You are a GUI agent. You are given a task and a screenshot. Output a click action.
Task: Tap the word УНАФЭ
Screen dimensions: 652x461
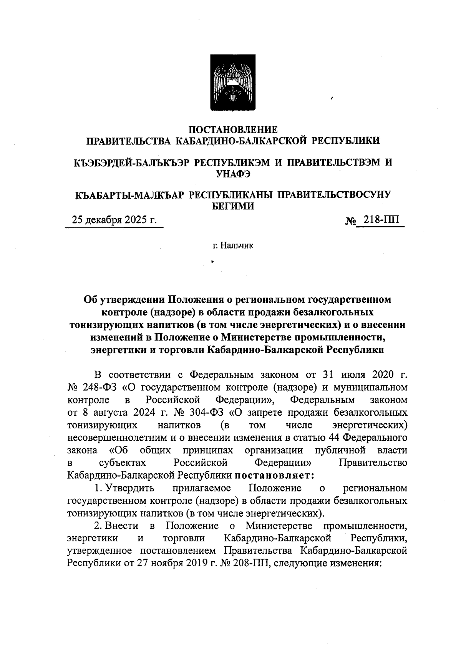(x=233, y=174)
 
